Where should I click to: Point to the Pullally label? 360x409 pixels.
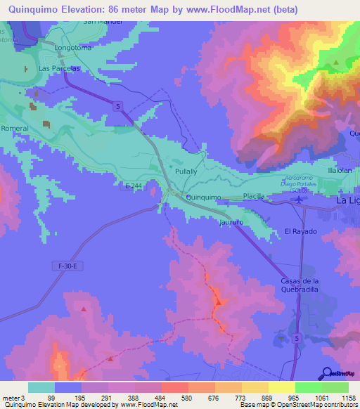[186, 171]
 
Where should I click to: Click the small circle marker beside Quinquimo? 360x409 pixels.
[188, 197]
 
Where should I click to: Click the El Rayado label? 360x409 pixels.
[300, 231]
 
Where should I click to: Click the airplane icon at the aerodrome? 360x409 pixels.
[301, 200]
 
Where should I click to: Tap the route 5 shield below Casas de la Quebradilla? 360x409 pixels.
[297, 338]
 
